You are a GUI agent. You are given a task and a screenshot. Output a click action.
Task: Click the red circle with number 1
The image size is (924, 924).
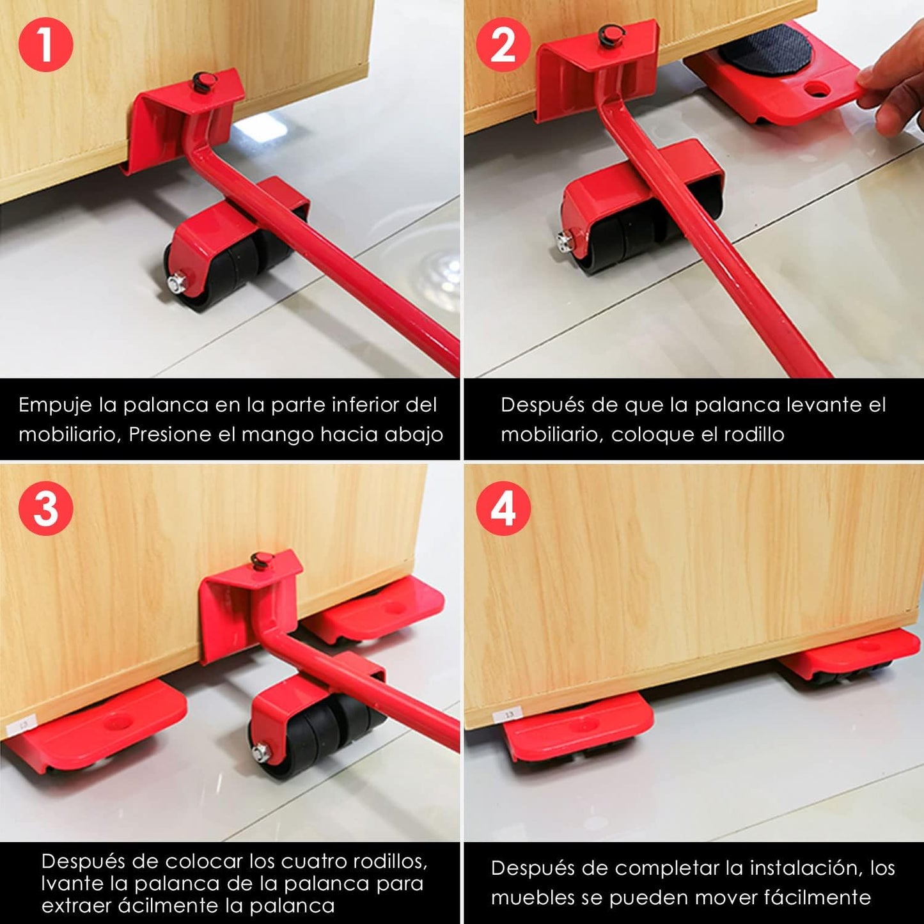point(45,45)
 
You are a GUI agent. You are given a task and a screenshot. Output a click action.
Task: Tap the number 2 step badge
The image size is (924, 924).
point(503,45)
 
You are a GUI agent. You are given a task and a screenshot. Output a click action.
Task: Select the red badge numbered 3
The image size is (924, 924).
point(45,509)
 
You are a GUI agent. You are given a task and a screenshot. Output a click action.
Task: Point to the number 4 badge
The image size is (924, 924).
point(503,509)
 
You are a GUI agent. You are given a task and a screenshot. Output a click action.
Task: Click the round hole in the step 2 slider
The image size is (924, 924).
point(817,89)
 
